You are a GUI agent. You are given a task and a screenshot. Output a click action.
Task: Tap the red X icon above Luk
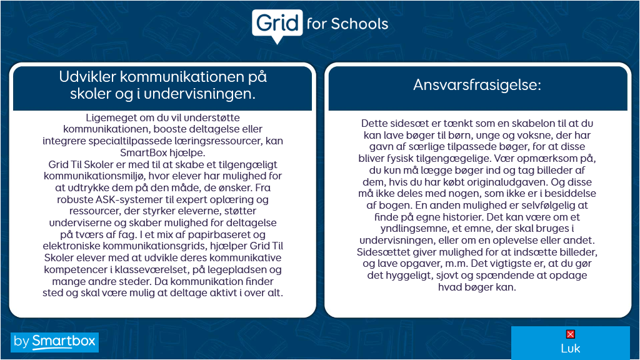tap(570, 334)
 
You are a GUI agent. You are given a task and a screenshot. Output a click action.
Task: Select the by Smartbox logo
tap(55, 341)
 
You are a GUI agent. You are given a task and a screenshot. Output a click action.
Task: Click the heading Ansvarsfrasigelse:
tap(477, 85)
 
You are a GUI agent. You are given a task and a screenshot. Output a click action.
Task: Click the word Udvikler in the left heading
tap(86, 77)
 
